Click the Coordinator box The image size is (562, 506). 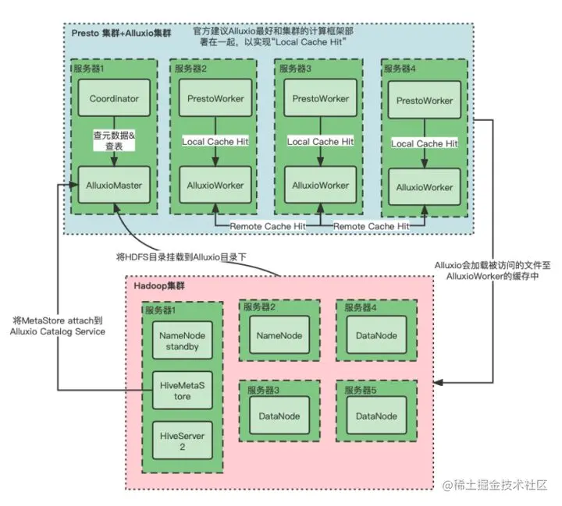pos(114,99)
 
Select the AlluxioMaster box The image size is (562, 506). pos(114,186)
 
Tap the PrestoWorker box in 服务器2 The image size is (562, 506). pos(216,99)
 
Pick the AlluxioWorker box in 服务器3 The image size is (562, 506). pos(321,186)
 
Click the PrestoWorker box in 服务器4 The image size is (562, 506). pos(425,101)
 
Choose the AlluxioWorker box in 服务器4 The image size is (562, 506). pos(425,187)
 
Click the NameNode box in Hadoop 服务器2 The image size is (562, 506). pos(279,336)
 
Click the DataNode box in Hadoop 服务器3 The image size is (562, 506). pos(279,416)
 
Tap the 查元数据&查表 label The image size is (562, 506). pos(114,141)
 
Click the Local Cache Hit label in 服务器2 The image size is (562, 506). pos(216,141)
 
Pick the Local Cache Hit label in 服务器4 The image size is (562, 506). pos(425,143)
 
